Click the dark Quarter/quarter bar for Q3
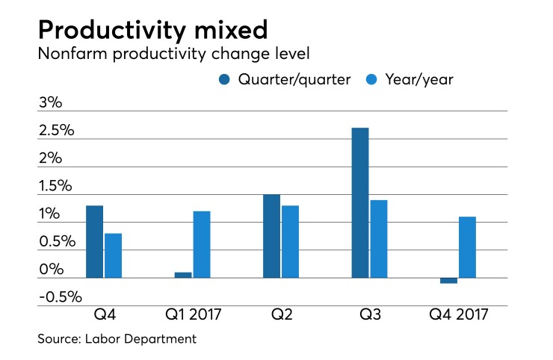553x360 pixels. pos(359,202)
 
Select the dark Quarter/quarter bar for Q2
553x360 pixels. pos(271,236)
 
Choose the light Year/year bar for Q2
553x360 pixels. pos(290,241)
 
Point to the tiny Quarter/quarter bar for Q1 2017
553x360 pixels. pos(183,275)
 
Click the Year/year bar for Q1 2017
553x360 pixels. pos(202,244)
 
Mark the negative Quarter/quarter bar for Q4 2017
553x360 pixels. pos(448,281)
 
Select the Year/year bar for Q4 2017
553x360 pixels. pos(467,247)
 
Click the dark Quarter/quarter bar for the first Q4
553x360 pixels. pos(94,241)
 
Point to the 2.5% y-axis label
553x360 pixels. pos(57,131)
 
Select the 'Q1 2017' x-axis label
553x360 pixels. pos(192,314)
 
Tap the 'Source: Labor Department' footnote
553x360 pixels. pos(117,339)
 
